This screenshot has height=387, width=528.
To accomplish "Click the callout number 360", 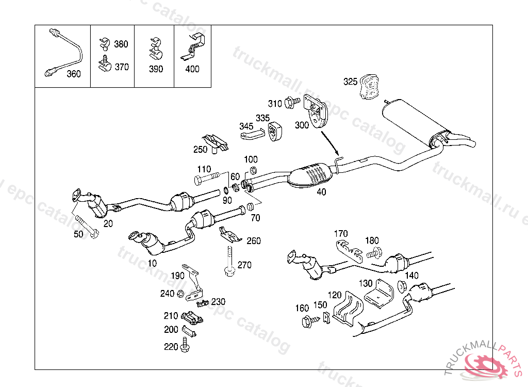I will coord(74,74).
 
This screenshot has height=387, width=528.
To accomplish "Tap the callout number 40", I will coord(321,192).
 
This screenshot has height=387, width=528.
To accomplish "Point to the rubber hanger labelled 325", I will coord(369,86).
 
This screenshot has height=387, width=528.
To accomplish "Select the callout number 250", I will coord(200,150).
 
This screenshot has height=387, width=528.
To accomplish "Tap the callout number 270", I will coord(244,265).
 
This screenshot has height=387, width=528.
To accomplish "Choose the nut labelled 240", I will coord(181,294).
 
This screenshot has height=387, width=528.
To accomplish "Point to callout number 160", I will coord(302,309).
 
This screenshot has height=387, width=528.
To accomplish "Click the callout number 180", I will coord(372,240).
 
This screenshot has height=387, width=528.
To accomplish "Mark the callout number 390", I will coord(156,69).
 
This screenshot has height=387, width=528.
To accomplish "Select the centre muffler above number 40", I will coord(311,174).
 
